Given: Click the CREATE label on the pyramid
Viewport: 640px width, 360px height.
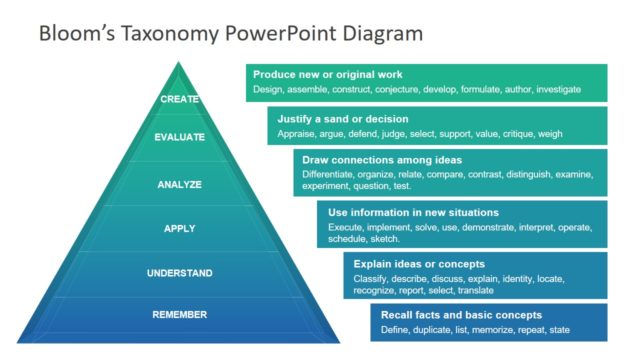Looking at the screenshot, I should tap(180, 99).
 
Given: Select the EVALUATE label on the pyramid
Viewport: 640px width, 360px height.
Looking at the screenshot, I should tap(180, 137).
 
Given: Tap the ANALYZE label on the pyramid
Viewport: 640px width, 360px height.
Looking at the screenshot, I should tap(180, 184).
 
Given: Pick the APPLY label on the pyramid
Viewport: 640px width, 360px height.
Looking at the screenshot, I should tap(180, 229).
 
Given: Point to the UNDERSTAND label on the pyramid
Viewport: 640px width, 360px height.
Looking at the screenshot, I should tap(180, 272).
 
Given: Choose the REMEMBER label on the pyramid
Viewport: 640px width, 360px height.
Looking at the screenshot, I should tap(180, 315).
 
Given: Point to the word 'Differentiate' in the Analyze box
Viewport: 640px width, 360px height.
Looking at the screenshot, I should tap(333, 175).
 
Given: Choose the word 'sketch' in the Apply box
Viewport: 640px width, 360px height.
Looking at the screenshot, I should tap(386, 240).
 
